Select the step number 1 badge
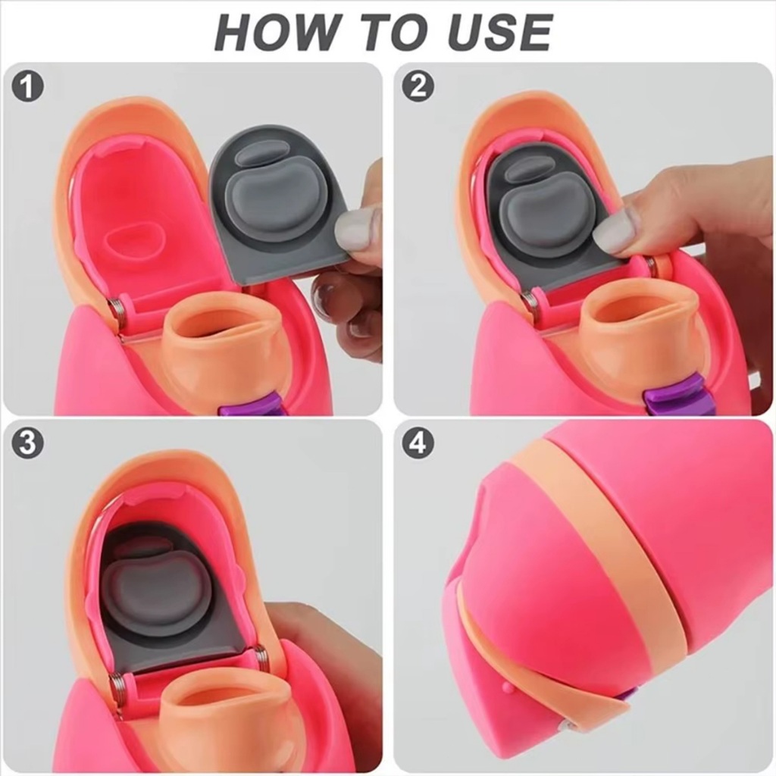(28, 86)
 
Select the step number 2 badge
(418, 86)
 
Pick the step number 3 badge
(28, 443)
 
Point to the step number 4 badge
(418, 443)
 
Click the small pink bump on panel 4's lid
(505, 688)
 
